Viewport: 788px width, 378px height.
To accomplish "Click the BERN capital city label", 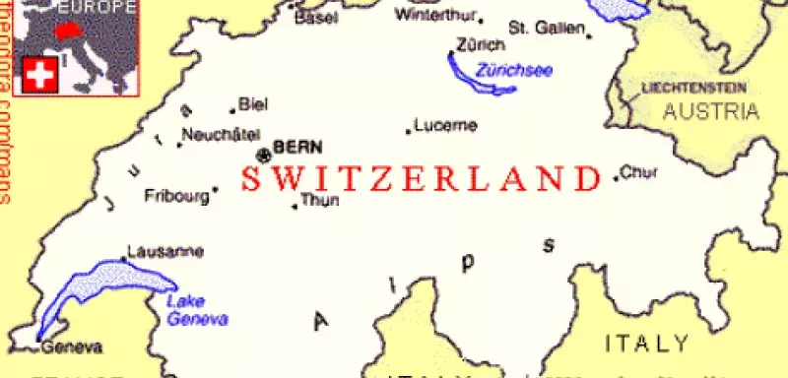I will tap(297, 147).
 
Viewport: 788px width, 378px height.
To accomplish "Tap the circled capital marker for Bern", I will tap(263, 155).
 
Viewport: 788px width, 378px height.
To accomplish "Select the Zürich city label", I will tap(481, 45).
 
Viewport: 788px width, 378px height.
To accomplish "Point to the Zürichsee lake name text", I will tap(513, 70).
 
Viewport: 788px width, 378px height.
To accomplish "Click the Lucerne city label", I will tap(445, 125).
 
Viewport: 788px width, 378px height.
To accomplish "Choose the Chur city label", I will tap(639, 174).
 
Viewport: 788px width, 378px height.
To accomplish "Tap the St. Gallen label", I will tap(547, 27).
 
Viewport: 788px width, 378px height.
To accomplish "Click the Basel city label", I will tap(315, 18).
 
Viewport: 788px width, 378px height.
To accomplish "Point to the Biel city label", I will tap(254, 104).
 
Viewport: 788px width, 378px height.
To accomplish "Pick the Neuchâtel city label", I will tap(221, 134).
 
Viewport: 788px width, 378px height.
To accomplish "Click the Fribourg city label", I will tap(177, 196).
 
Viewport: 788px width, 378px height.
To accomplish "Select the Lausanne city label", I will tap(166, 252).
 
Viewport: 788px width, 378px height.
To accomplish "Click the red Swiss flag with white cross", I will tap(38, 76).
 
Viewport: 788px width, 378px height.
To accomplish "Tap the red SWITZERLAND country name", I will tap(421, 179).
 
